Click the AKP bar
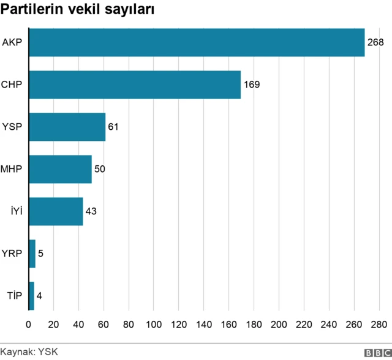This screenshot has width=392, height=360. pyautogui.click(x=196, y=43)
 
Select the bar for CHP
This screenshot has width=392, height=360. pyautogui.click(x=135, y=84)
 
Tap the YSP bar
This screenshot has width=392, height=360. pyautogui.click(x=67, y=127)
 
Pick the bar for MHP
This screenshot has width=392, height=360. pyautogui.click(x=60, y=169)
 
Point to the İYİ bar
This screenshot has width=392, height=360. pyautogui.click(x=56, y=211)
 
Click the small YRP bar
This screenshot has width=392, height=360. pyautogui.click(x=32, y=253)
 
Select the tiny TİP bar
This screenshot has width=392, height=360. pyautogui.click(x=31, y=296)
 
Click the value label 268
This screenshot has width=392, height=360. pyautogui.click(x=375, y=43)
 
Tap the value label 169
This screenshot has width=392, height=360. pyautogui.click(x=252, y=84)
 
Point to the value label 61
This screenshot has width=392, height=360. pyautogui.click(x=113, y=127)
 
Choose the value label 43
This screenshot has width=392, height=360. pyautogui.click(x=91, y=211)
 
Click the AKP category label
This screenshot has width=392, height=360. pyautogui.click(x=12, y=43)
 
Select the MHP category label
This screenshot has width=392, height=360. pyautogui.click(x=12, y=169)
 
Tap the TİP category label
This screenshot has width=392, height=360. pyautogui.click(x=14, y=296)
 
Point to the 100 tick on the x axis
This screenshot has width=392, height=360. pyautogui.click(x=154, y=324)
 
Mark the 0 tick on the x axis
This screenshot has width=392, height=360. pyautogui.click(x=29, y=324)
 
